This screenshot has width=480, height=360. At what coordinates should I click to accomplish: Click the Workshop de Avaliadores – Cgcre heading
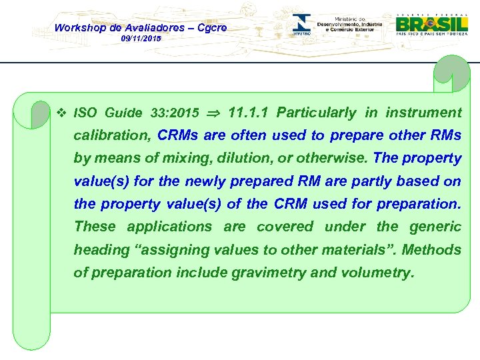pos(140,27)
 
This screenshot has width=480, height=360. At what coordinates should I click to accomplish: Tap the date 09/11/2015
pos(141,40)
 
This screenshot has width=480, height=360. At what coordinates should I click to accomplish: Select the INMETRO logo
pos(301,25)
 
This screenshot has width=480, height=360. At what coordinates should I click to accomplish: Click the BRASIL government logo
pos(431,23)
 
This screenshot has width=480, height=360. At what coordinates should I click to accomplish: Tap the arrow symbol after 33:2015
pos(213,113)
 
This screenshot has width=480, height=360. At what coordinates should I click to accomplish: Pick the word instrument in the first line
pos(423,112)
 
